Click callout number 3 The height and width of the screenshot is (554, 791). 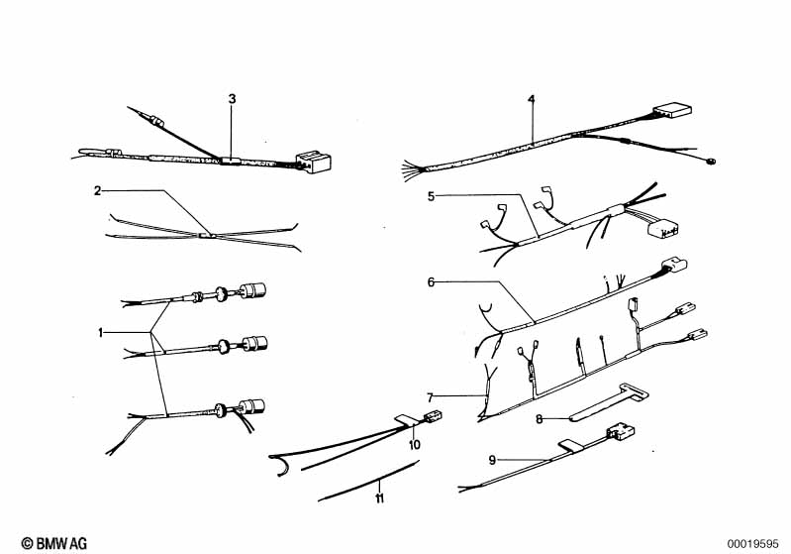point(232,99)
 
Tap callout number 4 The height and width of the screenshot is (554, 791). point(532,99)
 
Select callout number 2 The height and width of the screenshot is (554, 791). point(97,191)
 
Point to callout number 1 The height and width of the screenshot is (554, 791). point(100,332)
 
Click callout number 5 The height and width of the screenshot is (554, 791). point(431,196)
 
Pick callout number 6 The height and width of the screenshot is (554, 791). point(431,282)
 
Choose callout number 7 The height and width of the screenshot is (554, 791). point(430,398)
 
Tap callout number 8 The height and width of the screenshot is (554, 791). point(540,419)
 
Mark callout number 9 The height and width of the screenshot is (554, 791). point(492,460)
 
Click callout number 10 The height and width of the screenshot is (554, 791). point(414,445)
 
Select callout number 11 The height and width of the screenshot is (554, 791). point(379,499)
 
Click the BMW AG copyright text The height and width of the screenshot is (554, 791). point(54,543)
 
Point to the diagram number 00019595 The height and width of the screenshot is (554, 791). point(752,544)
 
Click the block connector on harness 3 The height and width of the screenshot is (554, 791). point(313,162)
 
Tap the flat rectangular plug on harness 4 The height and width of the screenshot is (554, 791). point(672,111)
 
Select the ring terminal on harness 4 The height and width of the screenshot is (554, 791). point(711,162)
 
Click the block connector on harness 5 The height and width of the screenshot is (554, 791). point(663,227)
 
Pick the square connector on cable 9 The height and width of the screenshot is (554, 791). point(621,432)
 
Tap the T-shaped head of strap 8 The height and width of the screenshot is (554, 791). point(635,391)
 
